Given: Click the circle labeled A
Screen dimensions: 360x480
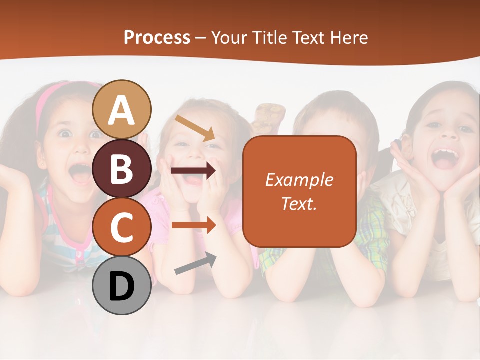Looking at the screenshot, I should (122, 109).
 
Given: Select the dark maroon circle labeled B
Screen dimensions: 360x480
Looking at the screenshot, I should (122, 168).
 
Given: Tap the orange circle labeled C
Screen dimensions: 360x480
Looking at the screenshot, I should (122, 227).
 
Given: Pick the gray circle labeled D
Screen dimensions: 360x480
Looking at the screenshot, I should (122, 285).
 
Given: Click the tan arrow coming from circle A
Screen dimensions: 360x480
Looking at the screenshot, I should (195, 127).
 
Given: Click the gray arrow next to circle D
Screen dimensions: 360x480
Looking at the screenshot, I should (195, 263).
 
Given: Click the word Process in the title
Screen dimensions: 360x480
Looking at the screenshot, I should (157, 37).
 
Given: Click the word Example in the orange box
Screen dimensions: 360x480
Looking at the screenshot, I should (299, 180).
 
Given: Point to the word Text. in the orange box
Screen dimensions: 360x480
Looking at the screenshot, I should (299, 203).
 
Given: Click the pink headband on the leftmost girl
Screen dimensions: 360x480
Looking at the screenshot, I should (47, 100).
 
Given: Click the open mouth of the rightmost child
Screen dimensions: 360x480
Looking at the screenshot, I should (445, 157).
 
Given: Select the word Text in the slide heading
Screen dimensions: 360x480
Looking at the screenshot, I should (310, 37).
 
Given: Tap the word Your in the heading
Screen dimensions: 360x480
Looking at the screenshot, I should (229, 37).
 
